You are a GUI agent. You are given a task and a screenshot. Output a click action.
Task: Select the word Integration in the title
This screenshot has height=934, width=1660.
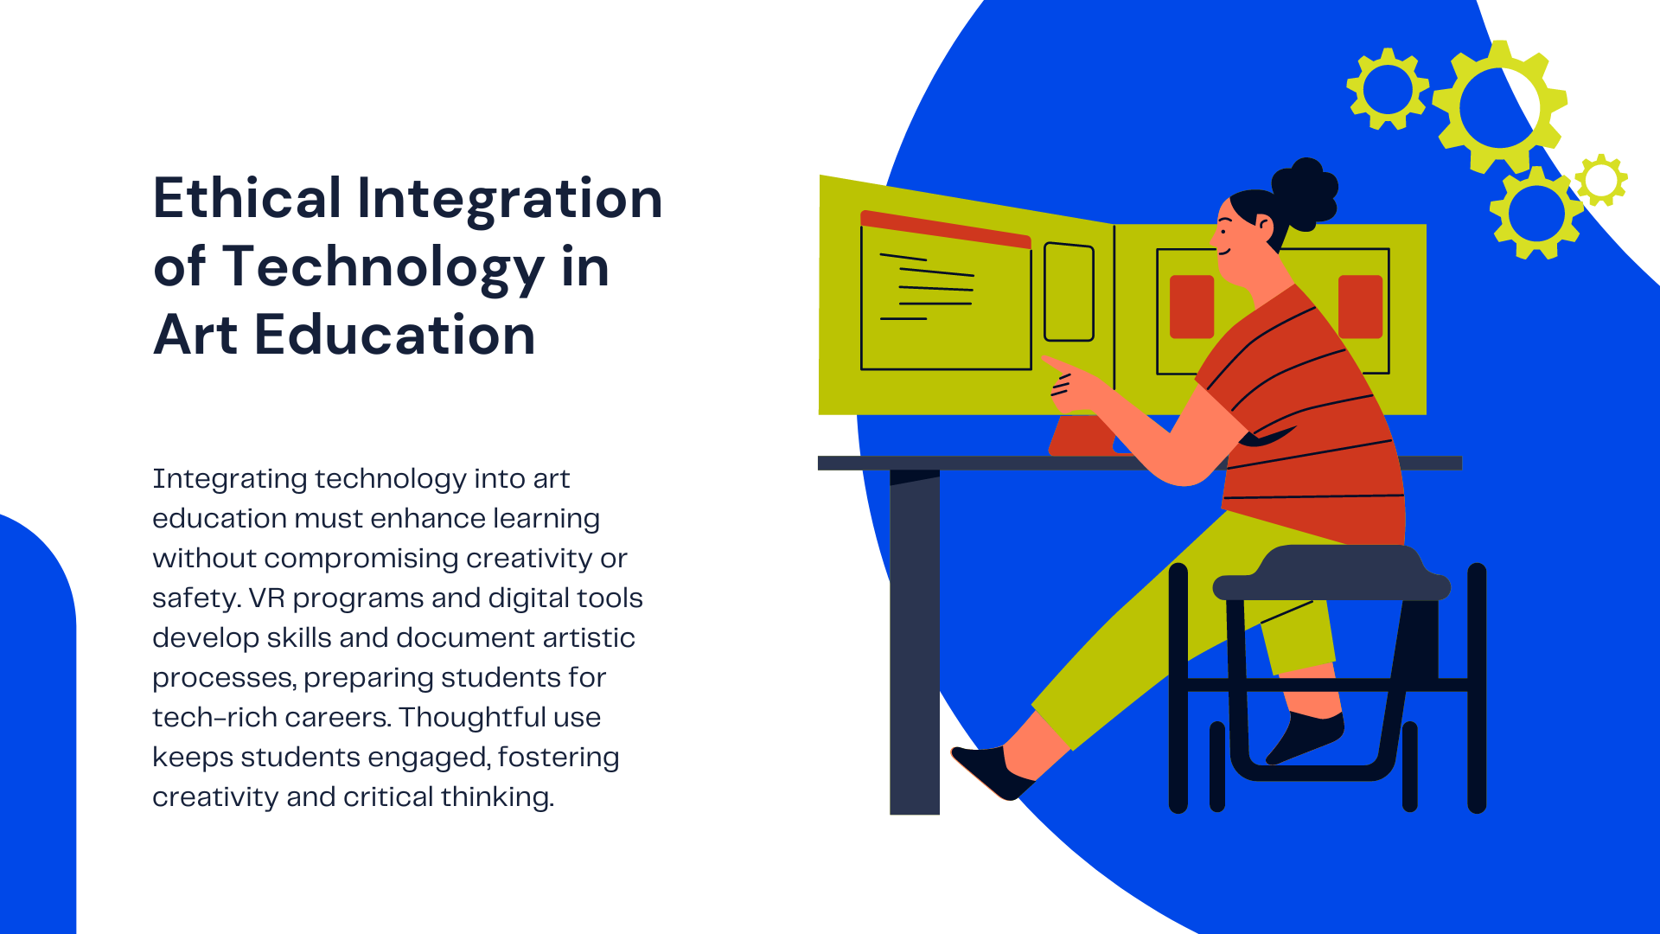[510, 199]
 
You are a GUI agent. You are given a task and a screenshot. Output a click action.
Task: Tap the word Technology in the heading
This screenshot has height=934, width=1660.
[384, 267]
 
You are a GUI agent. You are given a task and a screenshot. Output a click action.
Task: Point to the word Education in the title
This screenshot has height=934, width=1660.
[395, 335]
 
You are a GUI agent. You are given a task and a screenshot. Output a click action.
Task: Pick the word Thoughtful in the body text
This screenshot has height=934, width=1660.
[500, 717]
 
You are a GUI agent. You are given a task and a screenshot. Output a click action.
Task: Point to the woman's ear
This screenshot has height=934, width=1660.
[1264, 226]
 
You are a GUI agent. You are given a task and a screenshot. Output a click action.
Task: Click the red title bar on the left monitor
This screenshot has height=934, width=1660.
[946, 228]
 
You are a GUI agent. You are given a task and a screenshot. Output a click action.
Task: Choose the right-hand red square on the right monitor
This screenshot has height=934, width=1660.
[1360, 306]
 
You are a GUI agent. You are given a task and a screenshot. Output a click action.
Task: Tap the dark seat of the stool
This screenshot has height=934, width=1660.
[1331, 573]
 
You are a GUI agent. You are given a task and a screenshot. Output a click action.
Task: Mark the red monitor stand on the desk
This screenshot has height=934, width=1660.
[1081, 436]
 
